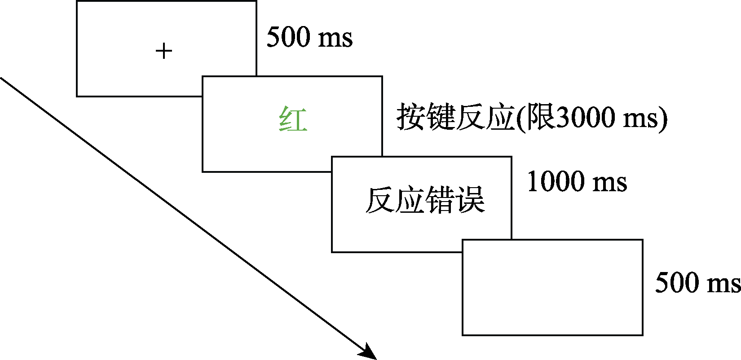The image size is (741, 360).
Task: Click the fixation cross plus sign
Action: point(164,51)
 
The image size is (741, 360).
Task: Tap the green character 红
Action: point(293,119)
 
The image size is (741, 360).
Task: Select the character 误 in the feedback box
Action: point(470,200)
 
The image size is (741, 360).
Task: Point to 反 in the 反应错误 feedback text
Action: point(380,200)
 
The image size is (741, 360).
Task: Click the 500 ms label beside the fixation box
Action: point(309,37)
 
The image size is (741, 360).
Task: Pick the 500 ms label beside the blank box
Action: point(697,283)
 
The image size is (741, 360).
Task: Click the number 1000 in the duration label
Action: point(556,182)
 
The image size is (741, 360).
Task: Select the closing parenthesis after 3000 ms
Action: point(663,119)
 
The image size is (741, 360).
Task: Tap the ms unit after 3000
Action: point(640,119)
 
